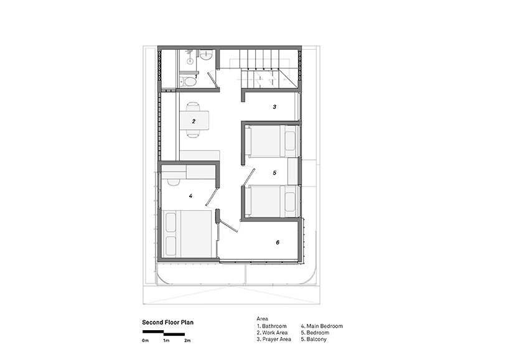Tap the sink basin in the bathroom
point(206,56)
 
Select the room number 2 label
point(194,122)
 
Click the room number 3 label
point(274,107)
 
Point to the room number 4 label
point(190,196)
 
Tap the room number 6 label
point(278,242)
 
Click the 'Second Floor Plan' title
point(168,322)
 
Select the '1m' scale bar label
point(166,341)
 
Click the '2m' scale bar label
point(187,341)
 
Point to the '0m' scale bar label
point(145,341)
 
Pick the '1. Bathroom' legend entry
point(272,326)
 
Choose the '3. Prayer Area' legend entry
point(274,339)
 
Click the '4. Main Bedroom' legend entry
point(322,326)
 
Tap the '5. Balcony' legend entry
point(314,339)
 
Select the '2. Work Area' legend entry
point(272,333)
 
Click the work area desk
point(194,121)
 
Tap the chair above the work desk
point(193,106)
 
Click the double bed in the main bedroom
point(189,234)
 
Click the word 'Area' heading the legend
point(263,319)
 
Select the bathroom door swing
point(212,80)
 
